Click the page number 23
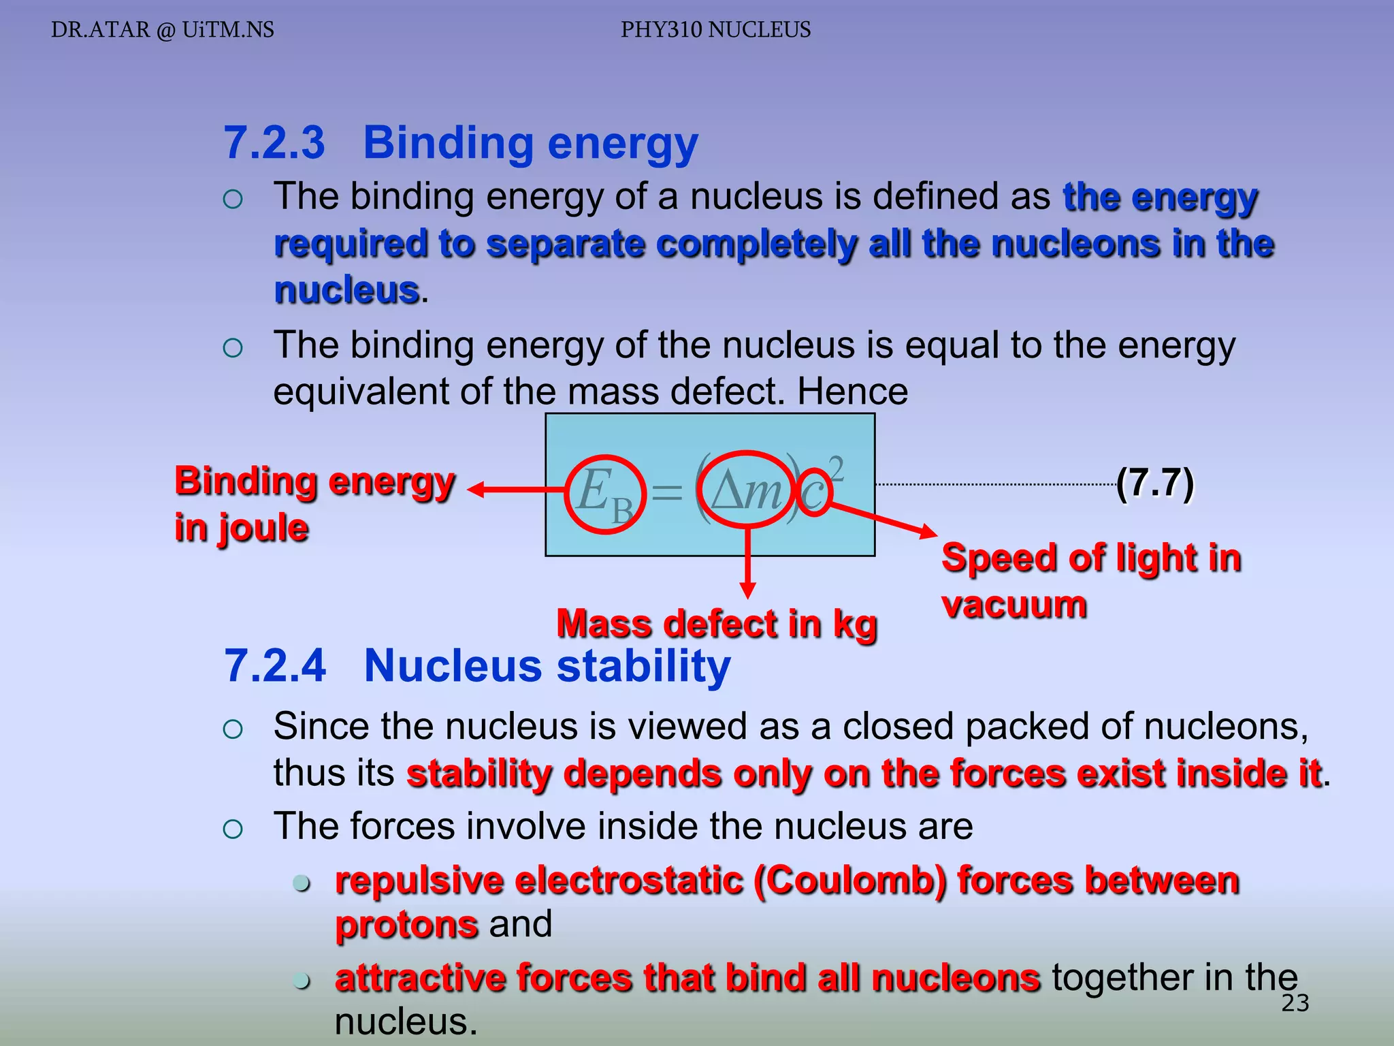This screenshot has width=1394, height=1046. coord(1295,1003)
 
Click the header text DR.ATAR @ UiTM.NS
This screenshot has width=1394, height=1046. coord(163,30)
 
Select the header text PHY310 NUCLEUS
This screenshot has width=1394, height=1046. coord(715,30)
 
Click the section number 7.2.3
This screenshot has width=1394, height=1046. coord(275,143)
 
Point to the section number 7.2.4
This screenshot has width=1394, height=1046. coord(276,665)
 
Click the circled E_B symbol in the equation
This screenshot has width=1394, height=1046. coord(604,493)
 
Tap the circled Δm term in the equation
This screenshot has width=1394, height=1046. coord(747,490)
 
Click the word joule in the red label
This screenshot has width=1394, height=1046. coord(263,528)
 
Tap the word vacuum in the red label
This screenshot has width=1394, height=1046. coord(1014,605)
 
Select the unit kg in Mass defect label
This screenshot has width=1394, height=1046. coord(855,625)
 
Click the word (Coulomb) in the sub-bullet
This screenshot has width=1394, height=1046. coord(850,881)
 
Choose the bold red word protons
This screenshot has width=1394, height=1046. coord(406,925)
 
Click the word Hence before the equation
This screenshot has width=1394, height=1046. coord(852,392)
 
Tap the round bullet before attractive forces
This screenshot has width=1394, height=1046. coord(302,981)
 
